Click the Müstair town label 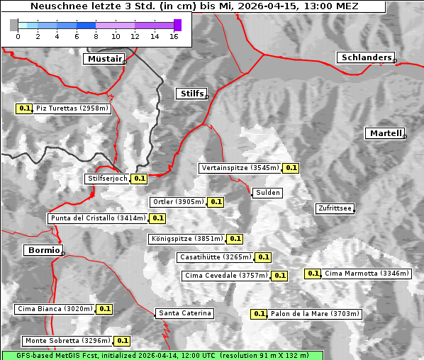coord(104,59)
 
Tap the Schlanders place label coord(365,57)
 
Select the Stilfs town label coord(191,94)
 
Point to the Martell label coord(385,133)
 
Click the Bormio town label coord(43,250)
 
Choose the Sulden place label coord(268,193)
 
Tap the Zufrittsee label coord(335,208)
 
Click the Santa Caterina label coord(184,313)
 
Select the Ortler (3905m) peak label coord(178,202)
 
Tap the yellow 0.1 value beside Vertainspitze coord(291,168)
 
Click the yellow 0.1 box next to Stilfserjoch coord(139,179)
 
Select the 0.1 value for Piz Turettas coord(25,108)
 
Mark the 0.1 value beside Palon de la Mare coord(260,313)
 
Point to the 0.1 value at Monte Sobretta coord(123,341)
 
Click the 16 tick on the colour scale coord(174,36)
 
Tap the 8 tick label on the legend coord(96,36)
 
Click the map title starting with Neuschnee coord(194,6)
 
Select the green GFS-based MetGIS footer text coord(162,355)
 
